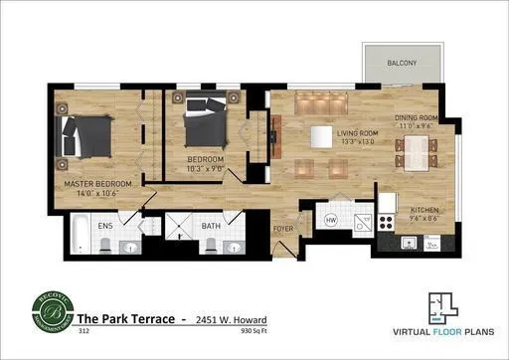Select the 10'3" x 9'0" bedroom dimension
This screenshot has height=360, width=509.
[206, 168]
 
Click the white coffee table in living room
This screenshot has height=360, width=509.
[320, 136]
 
